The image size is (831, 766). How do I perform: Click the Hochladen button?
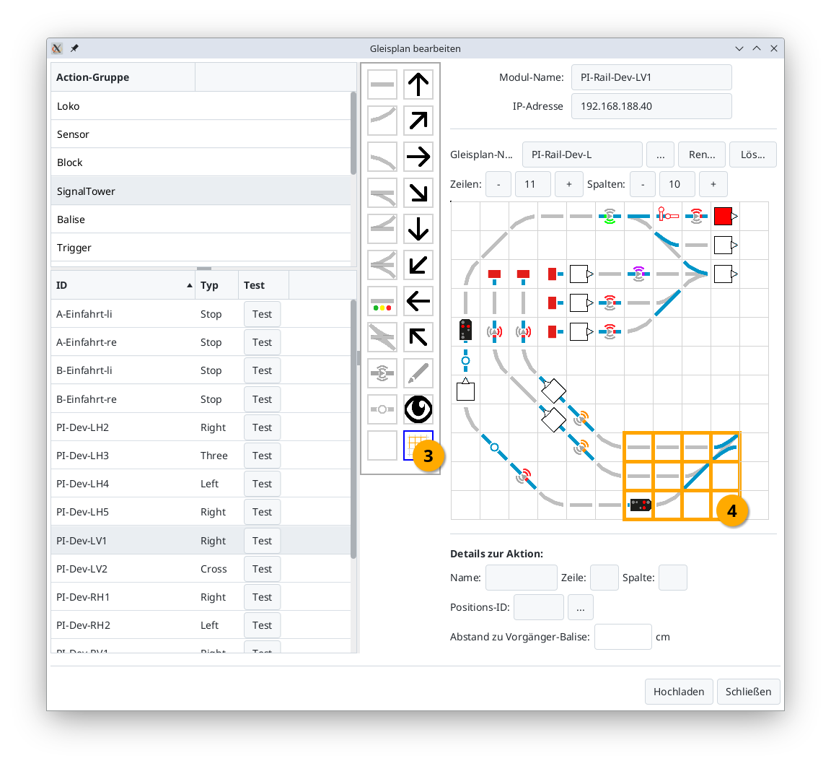pos(678,692)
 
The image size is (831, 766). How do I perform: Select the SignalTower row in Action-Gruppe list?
pos(86,191)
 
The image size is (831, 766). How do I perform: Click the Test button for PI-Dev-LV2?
pos(262,569)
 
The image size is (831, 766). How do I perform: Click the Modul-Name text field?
pos(651,77)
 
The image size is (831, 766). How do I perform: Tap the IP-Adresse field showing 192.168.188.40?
pos(651,106)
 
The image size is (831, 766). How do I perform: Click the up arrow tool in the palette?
pos(418,84)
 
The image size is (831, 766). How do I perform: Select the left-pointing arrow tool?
pos(418,301)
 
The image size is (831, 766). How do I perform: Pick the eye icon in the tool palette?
pos(418,409)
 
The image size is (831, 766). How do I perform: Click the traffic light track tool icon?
pos(382,301)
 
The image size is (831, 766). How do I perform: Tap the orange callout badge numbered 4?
pos(732,510)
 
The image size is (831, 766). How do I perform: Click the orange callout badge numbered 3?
pos(428,456)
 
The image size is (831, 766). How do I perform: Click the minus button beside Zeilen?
pos(498,184)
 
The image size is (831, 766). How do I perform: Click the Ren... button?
pos(702,155)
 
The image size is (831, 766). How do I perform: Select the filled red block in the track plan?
pos(723,217)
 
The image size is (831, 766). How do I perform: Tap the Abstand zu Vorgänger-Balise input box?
pos(623,637)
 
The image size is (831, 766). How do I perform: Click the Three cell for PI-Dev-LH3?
pos(214,456)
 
